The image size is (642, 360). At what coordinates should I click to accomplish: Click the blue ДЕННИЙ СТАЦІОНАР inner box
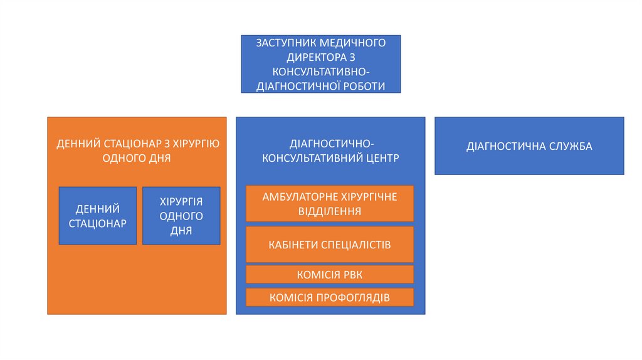click(x=98, y=216)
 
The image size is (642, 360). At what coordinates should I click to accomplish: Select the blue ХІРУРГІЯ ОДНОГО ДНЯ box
click(x=181, y=216)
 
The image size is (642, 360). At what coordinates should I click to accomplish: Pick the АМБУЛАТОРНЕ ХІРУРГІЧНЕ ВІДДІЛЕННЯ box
click(x=330, y=204)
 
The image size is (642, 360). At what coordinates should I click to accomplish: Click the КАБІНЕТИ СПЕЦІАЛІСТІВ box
click(x=330, y=245)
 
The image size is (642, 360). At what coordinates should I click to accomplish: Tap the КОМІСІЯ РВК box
click(x=330, y=275)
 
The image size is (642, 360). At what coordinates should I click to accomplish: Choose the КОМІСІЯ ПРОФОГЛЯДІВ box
click(x=330, y=297)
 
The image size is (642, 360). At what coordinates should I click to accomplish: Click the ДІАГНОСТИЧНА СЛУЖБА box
click(x=529, y=146)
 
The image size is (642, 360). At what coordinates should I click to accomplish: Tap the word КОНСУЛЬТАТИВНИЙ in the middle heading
click(x=311, y=158)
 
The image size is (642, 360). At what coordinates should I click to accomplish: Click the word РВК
click(x=351, y=275)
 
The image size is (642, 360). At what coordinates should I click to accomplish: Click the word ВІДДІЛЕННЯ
click(x=330, y=211)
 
